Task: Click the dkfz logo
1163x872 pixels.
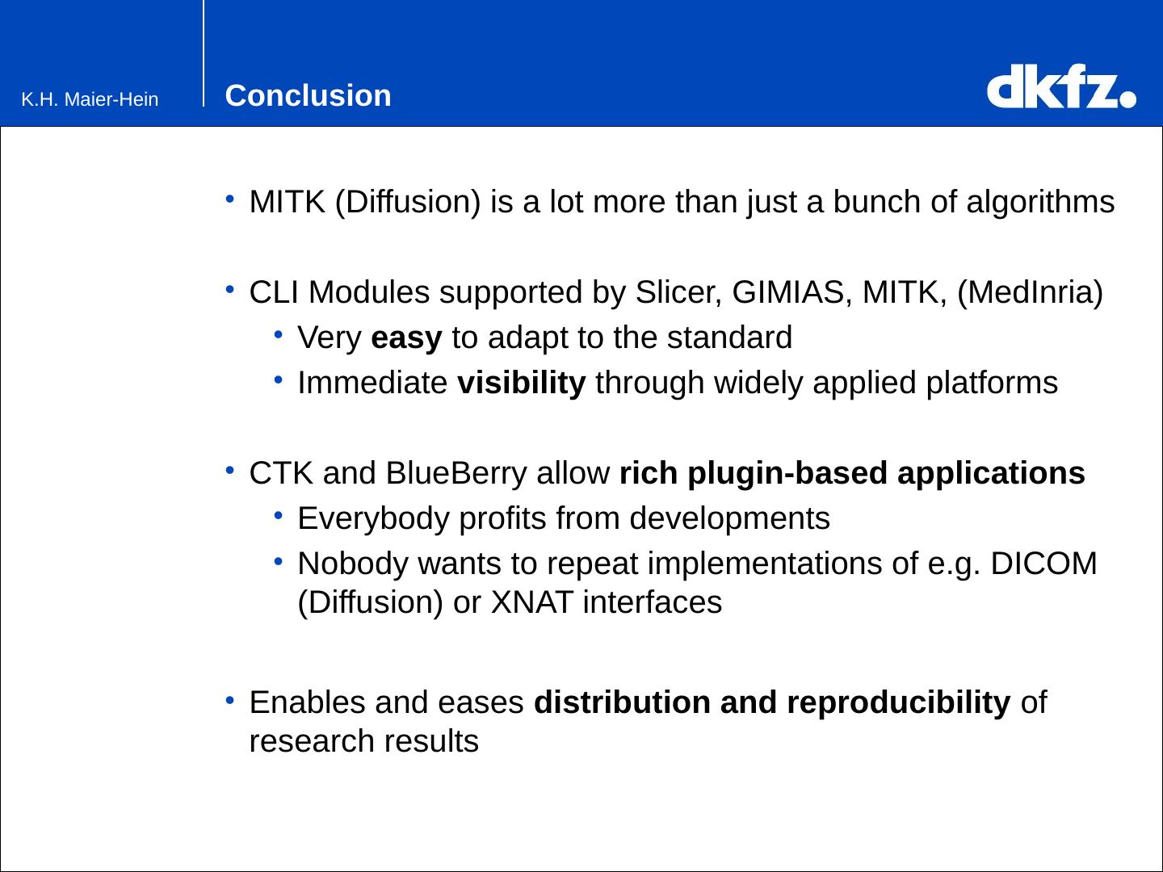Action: click(1061, 86)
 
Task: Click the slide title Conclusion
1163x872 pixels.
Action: click(308, 95)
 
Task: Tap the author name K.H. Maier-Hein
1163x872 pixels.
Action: click(90, 99)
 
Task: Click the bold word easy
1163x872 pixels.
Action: click(406, 337)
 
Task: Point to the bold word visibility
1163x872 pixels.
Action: click(522, 383)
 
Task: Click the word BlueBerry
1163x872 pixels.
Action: click(456, 473)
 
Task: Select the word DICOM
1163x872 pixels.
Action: click(1043, 564)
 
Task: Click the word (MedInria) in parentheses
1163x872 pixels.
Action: click(1030, 293)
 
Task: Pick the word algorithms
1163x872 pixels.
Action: click(1040, 202)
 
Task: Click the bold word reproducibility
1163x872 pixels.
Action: click(899, 703)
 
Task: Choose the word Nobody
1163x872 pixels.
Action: click(353, 564)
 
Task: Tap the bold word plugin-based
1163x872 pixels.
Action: click(787, 473)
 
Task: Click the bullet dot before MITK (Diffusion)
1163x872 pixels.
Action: click(229, 199)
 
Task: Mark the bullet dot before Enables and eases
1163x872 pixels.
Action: click(229, 701)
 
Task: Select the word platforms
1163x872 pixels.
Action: click(991, 384)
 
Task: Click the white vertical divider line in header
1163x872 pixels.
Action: click(204, 53)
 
